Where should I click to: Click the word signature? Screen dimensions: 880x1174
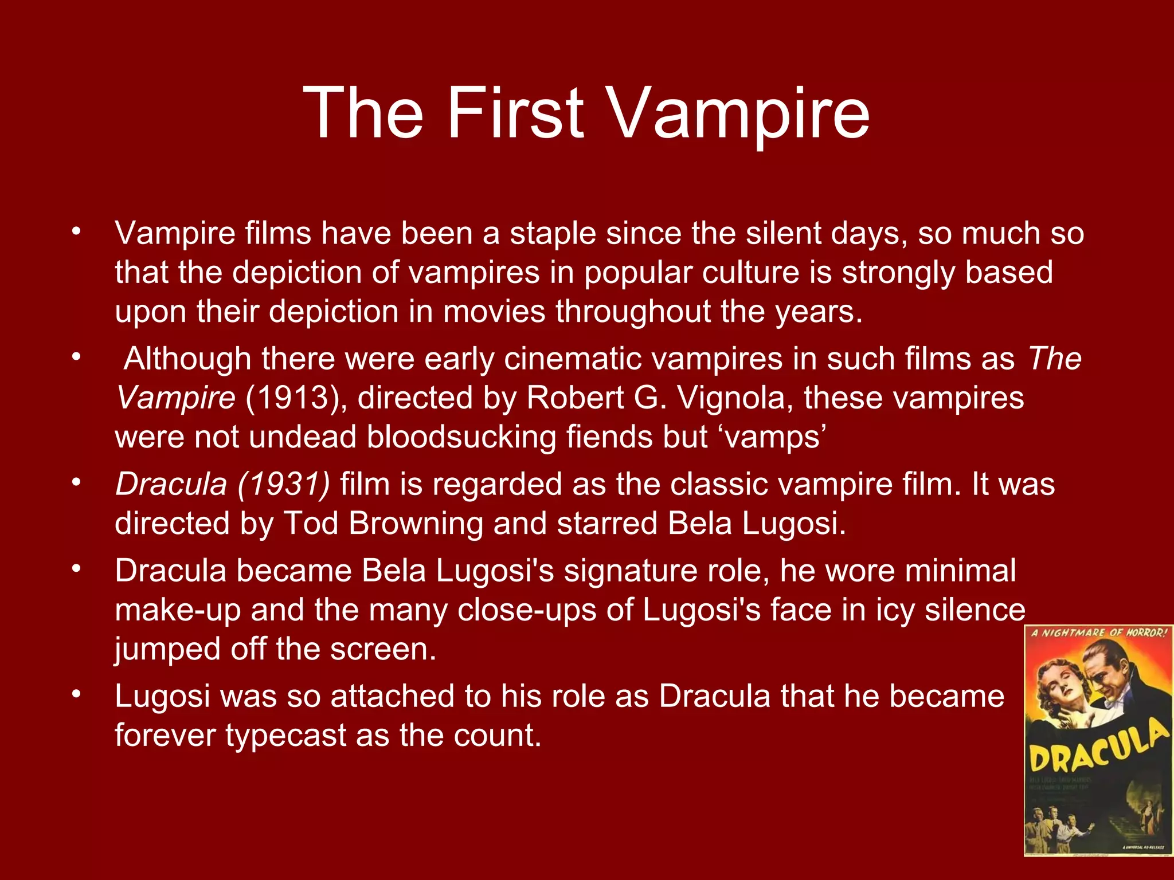[624, 571]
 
